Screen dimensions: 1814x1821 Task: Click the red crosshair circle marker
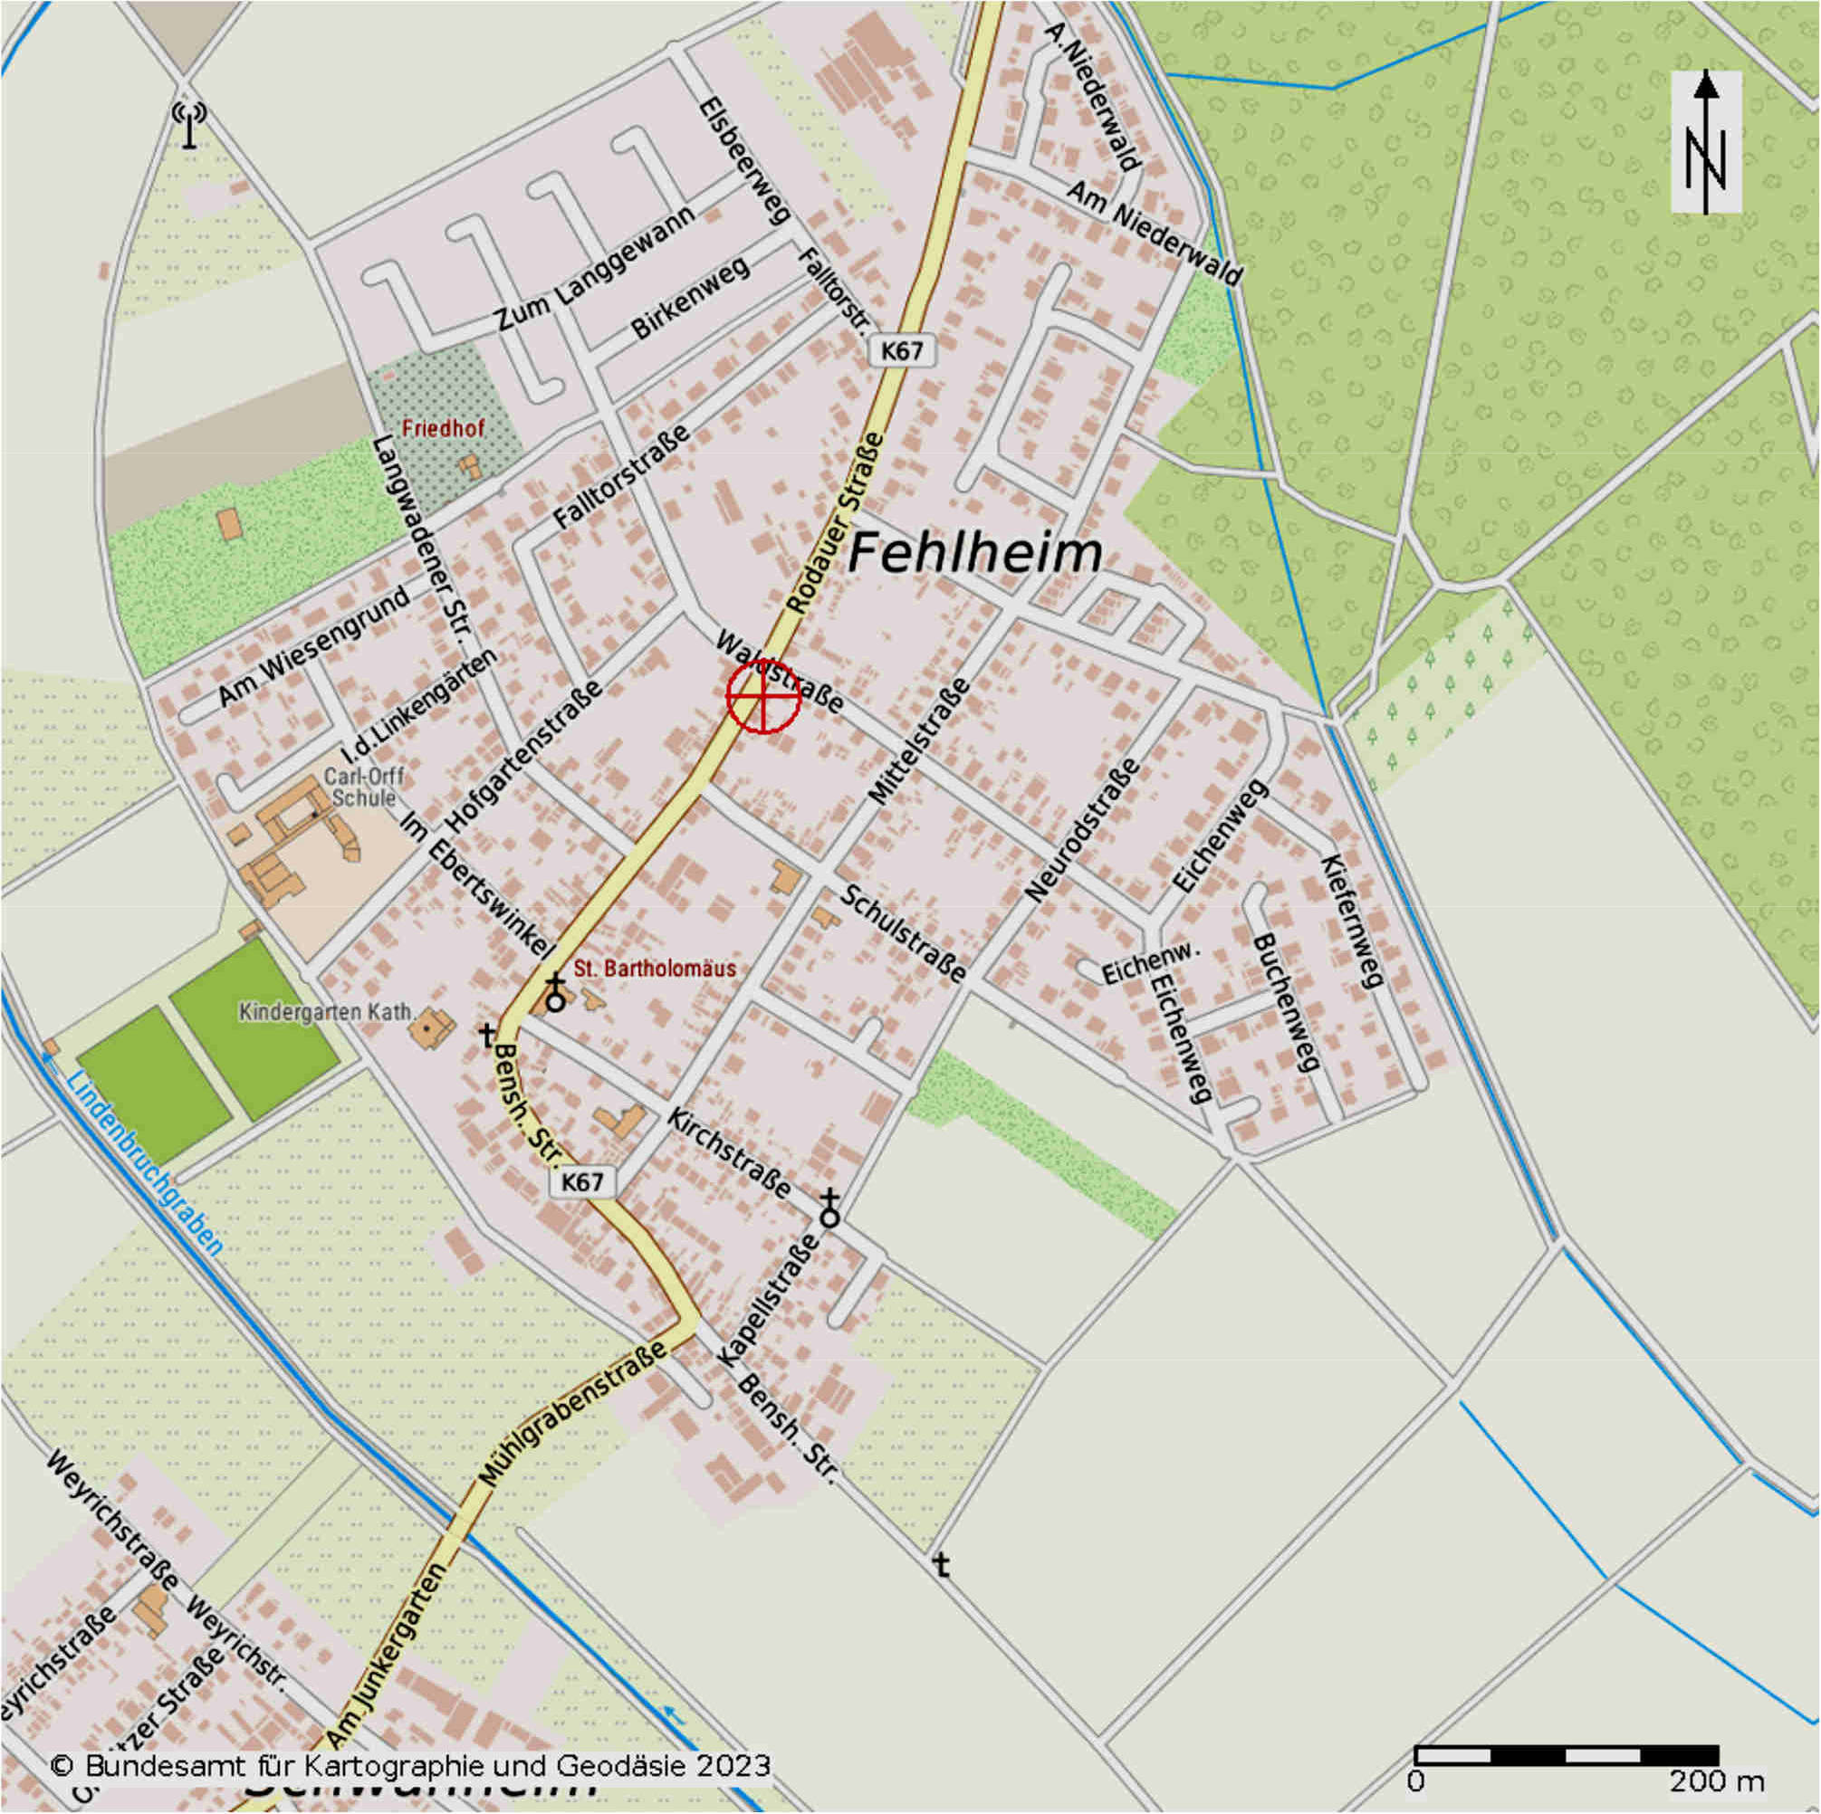(763, 695)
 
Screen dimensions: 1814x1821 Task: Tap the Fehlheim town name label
(974, 554)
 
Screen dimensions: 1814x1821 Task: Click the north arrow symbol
(1705, 141)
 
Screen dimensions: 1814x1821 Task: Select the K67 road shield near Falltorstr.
(901, 351)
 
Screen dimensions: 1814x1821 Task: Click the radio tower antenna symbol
(189, 123)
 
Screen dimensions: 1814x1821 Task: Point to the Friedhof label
(443, 429)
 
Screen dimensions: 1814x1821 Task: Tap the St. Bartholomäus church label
(654, 969)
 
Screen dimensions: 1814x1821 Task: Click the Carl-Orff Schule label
(363, 788)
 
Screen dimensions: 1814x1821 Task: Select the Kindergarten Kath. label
(326, 1012)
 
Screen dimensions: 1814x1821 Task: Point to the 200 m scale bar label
(1716, 1782)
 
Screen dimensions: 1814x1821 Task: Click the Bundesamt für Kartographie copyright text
(410, 1765)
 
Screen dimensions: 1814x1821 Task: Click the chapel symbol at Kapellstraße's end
(829, 1209)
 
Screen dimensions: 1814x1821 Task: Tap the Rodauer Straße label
(836, 523)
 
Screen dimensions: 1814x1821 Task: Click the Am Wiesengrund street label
(315, 646)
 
